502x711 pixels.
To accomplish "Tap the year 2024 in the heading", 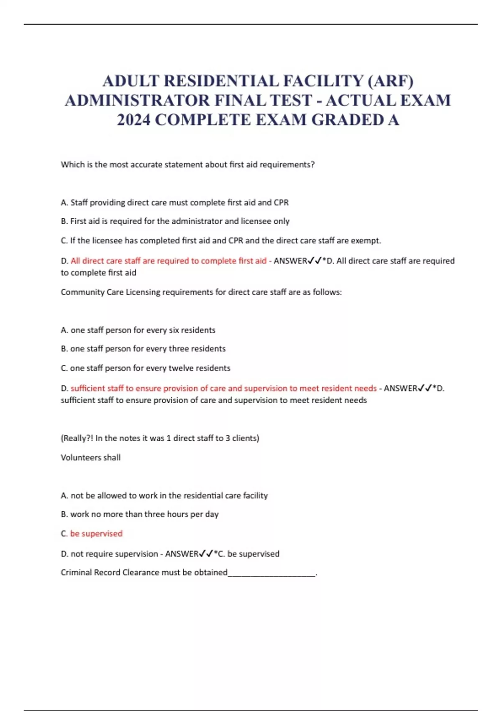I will tap(133, 120).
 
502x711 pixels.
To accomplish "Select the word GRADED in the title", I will tap(348, 120).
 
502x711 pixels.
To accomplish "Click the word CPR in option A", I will tap(281, 202).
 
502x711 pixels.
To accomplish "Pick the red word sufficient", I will tap(87, 388).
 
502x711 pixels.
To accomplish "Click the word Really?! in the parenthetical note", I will tap(77, 438).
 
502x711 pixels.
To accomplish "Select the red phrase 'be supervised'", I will tap(96, 534).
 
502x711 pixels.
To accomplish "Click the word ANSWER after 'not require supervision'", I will tap(182, 554).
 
